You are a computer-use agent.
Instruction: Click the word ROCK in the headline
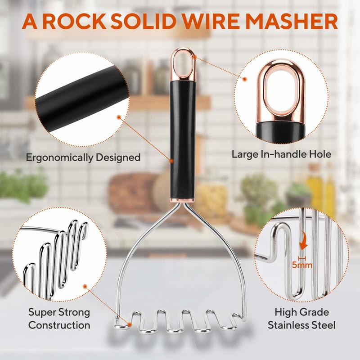click(x=74, y=21)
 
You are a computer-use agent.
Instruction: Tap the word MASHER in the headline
click(x=291, y=21)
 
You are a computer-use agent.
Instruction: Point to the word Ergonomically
click(x=59, y=158)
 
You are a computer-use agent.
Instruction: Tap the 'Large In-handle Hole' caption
click(x=281, y=154)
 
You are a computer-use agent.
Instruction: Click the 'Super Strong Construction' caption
click(x=59, y=319)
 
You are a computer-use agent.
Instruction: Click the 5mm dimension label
click(x=302, y=265)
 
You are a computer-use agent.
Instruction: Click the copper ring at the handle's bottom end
click(x=182, y=200)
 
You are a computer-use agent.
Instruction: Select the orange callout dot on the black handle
click(x=171, y=161)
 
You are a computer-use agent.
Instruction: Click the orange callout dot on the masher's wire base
click(x=130, y=324)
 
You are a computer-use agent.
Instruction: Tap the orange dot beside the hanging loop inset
click(x=245, y=79)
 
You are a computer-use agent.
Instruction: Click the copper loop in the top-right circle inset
click(x=281, y=92)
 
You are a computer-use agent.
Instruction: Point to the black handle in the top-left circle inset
click(x=81, y=99)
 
